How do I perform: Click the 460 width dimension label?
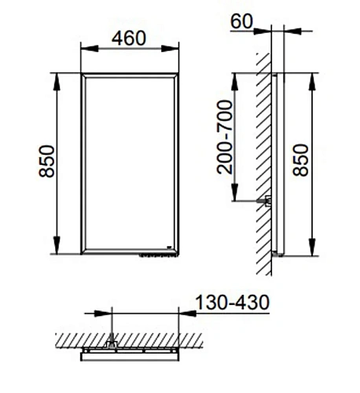tap(128, 39)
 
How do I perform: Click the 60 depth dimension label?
tap(241, 21)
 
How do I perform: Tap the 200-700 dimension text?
tap(225, 137)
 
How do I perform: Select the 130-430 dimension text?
tap(233, 303)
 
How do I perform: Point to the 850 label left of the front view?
tap(46, 161)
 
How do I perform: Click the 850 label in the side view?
tap(300, 160)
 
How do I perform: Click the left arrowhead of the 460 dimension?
tap(90, 49)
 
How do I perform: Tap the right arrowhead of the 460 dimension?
tap(170, 49)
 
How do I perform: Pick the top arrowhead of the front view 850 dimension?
tap(57, 82)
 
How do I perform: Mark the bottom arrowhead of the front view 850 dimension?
tap(57, 245)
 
